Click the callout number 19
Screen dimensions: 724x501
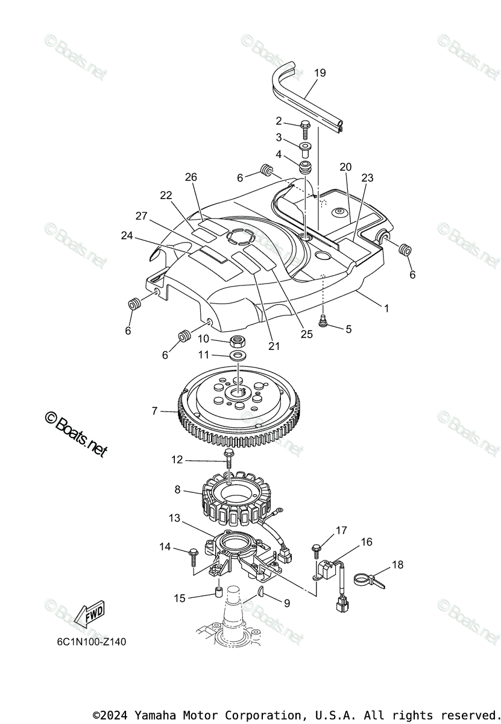pos(320,73)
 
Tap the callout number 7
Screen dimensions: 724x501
pos(155,411)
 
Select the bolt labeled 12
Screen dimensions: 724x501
pos(228,459)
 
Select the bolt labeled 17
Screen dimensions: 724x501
pos(317,550)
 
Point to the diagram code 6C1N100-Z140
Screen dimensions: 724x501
pos(88,642)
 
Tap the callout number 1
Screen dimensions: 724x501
pos(386,308)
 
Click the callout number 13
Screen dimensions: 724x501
pos(174,518)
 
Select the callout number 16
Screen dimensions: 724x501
pos(366,542)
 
